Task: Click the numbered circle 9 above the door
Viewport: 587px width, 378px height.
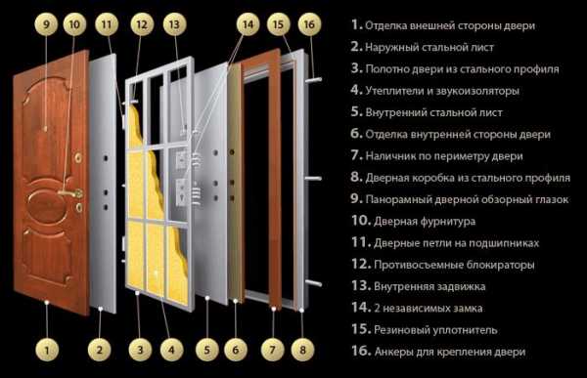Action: click(x=46, y=24)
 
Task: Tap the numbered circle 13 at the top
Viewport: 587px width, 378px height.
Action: click(x=174, y=24)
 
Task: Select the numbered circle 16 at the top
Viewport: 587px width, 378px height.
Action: click(x=309, y=24)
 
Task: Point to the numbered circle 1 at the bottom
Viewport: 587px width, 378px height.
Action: click(x=47, y=350)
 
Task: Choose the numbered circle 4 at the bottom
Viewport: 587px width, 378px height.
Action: click(x=171, y=350)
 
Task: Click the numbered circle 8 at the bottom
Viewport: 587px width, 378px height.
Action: click(x=302, y=350)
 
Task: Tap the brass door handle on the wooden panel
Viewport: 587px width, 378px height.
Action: click(x=71, y=193)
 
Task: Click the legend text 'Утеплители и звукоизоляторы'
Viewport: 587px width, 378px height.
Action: click(x=442, y=91)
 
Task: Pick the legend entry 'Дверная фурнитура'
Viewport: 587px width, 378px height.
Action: click(x=425, y=222)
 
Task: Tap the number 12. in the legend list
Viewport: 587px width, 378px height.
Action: click(x=361, y=264)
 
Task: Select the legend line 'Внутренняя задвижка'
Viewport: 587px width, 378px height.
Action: click(x=429, y=287)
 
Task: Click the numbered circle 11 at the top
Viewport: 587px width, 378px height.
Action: click(x=107, y=24)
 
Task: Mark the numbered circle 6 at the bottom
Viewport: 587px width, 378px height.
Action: click(x=236, y=350)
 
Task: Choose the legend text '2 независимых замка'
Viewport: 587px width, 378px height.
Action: click(x=428, y=309)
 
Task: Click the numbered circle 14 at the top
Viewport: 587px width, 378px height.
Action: click(x=248, y=24)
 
